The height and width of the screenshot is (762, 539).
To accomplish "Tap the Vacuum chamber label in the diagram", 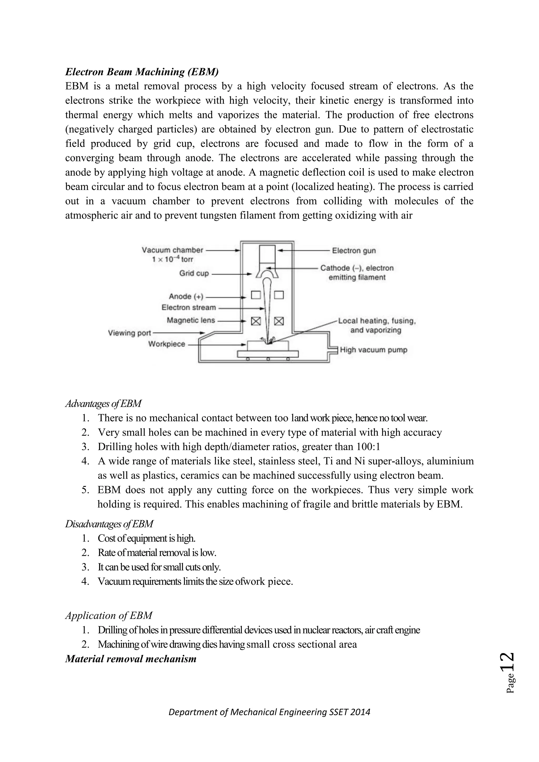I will [x=172, y=250].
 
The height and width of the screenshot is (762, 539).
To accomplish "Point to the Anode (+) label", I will [x=186, y=296].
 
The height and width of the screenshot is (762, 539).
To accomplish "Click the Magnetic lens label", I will [x=191, y=320].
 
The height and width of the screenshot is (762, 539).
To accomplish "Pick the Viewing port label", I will [x=129, y=333].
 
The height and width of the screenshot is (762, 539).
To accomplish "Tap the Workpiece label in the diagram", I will [x=167, y=344].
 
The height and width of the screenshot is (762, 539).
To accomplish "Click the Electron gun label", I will [x=354, y=250].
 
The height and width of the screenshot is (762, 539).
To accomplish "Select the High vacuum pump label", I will [x=373, y=350].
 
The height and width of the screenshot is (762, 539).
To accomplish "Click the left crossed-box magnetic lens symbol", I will [x=256, y=321].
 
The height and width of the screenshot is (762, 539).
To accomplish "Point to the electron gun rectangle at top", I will [x=267, y=254].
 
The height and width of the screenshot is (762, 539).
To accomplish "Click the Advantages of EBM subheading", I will [x=103, y=404].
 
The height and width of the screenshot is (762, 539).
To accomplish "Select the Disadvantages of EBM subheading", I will [x=109, y=524].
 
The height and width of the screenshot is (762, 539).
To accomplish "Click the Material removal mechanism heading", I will [x=131, y=659].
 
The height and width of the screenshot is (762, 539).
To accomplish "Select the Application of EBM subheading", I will [x=108, y=615].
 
